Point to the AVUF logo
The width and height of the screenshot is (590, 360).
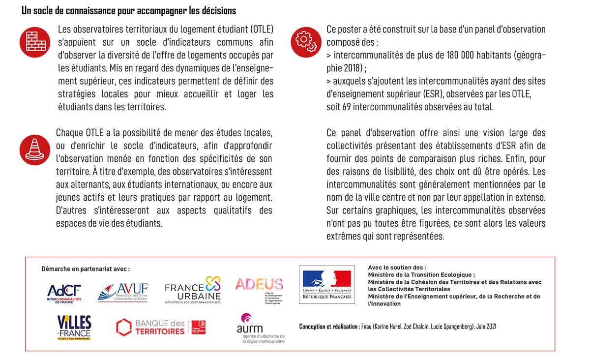(x=122, y=292)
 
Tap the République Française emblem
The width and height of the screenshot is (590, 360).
(x=327, y=285)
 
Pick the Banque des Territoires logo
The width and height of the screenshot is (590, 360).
(x=160, y=327)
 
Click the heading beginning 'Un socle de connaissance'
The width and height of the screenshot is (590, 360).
(x=129, y=10)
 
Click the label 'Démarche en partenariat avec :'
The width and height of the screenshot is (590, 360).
(x=86, y=269)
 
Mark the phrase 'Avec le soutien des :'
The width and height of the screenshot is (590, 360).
(x=397, y=268)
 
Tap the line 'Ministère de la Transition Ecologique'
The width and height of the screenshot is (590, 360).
(x=420, y=275)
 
